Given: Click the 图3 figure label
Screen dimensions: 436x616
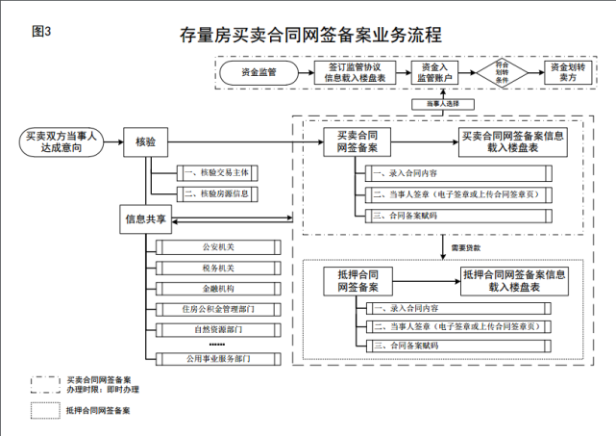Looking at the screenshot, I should [x=41, y=31].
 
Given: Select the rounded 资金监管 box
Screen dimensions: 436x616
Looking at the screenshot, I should [x=259, y=72].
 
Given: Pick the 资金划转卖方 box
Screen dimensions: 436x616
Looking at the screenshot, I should [x=569, y=72].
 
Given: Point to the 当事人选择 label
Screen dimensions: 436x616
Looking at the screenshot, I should [x=439, y=103].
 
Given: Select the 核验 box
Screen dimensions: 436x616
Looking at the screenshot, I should [x=146, y=142].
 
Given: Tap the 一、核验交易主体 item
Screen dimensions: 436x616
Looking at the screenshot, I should [x=214, y=173].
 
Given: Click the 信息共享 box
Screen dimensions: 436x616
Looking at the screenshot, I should [x=146, y=219].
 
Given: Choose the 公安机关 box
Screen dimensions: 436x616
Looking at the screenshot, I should [x=214, y=245].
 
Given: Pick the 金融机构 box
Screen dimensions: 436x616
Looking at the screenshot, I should [x=214, y=288].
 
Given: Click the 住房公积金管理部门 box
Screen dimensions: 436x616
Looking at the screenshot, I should [x=214, y=309].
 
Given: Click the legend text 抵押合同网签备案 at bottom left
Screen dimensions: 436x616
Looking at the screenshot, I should [x=98, y=411].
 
